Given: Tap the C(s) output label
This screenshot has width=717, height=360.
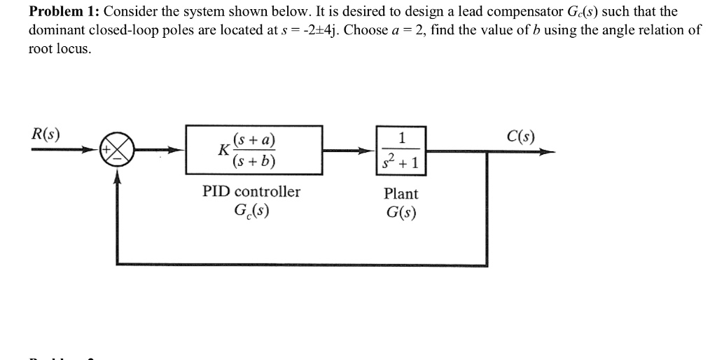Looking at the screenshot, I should (x=520, y=135).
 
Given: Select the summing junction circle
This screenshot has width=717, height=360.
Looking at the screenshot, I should (x=118, y=150).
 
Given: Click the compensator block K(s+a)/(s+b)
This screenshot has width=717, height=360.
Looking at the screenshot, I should (x=253, y=150).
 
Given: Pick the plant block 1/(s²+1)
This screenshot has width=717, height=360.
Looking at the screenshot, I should (x=401, y=150).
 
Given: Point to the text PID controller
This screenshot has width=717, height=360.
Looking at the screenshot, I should (x=251, y=191).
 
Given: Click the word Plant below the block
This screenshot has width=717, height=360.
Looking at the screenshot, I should (x=401, y=193).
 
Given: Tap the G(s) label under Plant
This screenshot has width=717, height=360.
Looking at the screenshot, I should (x=401, y=212).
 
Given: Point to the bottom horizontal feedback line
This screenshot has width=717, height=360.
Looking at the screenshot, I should (x=301, y=264).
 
